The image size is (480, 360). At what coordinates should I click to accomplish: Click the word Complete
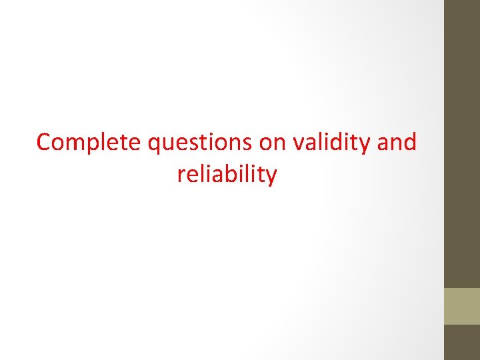(x=89, y=142)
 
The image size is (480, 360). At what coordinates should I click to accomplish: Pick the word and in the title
(x=398, y=142)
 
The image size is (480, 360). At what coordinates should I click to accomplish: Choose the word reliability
(x=227, y=175)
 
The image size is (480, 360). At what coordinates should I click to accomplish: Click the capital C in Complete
(x=45, y=142)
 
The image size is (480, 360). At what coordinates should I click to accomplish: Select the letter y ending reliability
(x=271, y=177)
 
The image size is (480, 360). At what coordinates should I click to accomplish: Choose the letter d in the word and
(x=409, y=141)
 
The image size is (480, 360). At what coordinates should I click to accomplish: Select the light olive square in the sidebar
(x=462, y=306)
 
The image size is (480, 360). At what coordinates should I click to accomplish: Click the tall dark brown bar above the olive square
(x=462, y=143)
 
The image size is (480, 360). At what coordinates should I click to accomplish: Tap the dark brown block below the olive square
(x=462, y=342)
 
